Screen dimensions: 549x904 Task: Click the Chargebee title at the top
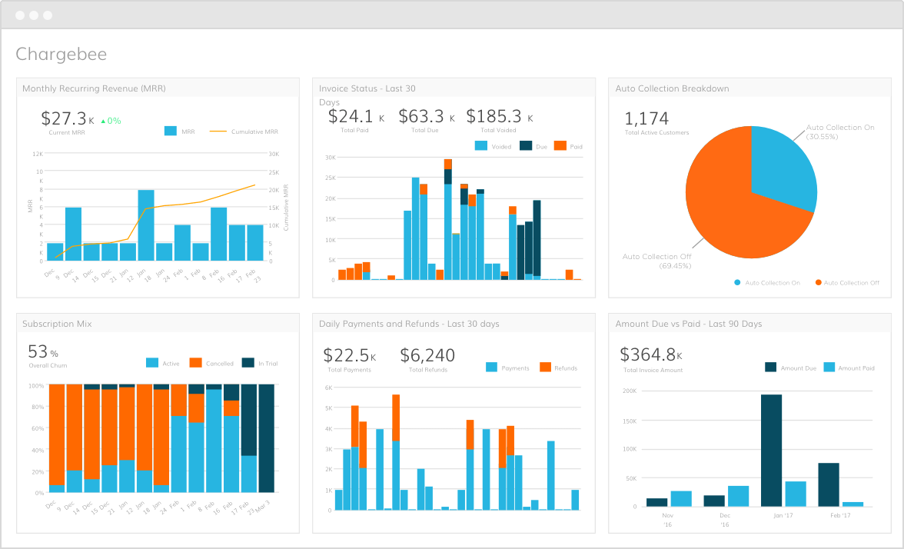coord(61,54)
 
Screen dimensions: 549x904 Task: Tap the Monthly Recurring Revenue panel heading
coord(94,88)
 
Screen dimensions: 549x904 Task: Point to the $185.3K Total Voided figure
coord(499,116)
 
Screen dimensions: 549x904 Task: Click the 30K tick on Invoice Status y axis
coord(329,157)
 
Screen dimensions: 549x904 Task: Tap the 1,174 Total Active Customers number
coord(646,118)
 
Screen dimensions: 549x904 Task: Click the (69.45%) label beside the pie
coord(674,265)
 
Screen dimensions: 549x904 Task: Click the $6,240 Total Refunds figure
coord(427,355)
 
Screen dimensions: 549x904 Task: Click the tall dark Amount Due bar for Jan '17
coord(771,450)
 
